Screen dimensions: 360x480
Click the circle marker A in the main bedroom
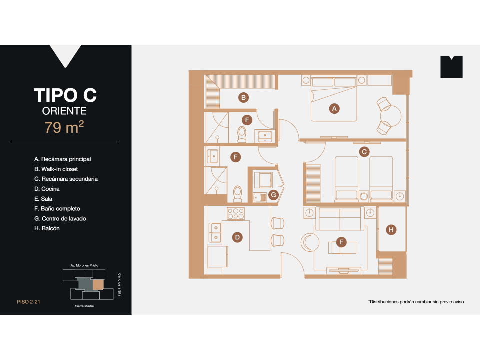point(335,108)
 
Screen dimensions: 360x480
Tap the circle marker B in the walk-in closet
point(243,98)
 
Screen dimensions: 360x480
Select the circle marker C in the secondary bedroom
point(364,151)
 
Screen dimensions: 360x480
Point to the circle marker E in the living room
point(341,242)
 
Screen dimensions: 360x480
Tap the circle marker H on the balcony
point(391,230)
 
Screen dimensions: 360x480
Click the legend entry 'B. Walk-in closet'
point(56,169)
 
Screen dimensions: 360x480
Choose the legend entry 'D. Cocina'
point(47,189)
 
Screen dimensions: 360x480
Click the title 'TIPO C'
point(65,95)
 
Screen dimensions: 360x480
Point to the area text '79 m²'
point(64,127)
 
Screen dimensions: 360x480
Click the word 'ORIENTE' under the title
point(65,111)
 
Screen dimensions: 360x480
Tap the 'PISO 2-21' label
point(28,302)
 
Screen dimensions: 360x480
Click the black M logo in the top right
point(451,67)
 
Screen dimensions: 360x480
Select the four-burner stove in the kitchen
point(235,214)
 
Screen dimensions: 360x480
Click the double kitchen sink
point(215,232)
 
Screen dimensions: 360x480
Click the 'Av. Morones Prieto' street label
point(84,266)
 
